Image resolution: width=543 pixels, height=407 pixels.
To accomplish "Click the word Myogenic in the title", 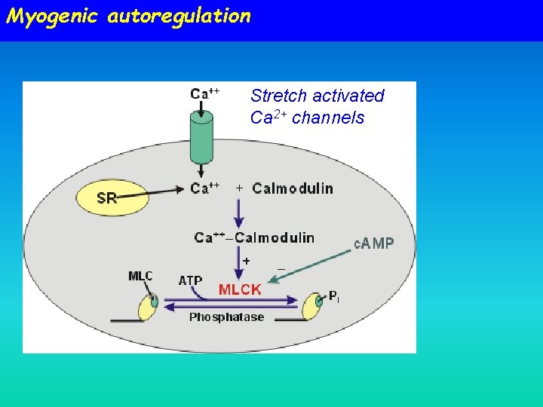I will click(x=51, y=16).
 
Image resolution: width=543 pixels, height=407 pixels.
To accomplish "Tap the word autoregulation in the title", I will click(x=179, y=16).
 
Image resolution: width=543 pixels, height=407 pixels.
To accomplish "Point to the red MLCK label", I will click(x=240, y=289).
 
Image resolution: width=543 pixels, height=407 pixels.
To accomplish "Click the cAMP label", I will click(x=374, y=243).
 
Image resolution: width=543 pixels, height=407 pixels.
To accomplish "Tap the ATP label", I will click(x=190, y=280).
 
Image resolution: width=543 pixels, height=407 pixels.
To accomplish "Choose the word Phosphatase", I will click(x=226, y=317).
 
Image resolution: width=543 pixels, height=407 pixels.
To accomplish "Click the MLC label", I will click(x=140, y=276).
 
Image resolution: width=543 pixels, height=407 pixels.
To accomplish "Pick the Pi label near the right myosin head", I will click(x=333, y=296).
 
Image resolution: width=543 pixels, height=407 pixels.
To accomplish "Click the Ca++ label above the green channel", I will click(x=204, y=93).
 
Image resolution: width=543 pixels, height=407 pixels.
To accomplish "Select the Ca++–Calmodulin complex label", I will click(x=254, y=237).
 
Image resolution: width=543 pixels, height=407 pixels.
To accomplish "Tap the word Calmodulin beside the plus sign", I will click(x=293, y=188).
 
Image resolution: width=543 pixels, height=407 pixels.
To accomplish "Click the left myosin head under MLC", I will click(x=148, y=306).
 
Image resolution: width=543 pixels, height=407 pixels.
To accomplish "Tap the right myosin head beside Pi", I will click(x=311, y=306).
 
